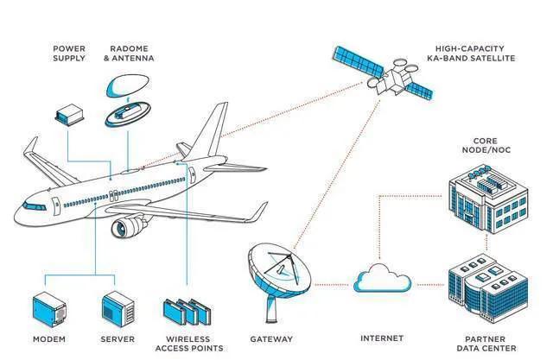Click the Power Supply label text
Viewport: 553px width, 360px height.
tap(70, 54)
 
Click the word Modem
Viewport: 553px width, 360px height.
tap(48, 338)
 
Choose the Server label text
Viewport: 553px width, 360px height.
tap(117, 338)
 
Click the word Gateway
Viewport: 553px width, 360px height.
tap(271, 338)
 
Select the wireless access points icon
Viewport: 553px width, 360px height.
tap(185, 311)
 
